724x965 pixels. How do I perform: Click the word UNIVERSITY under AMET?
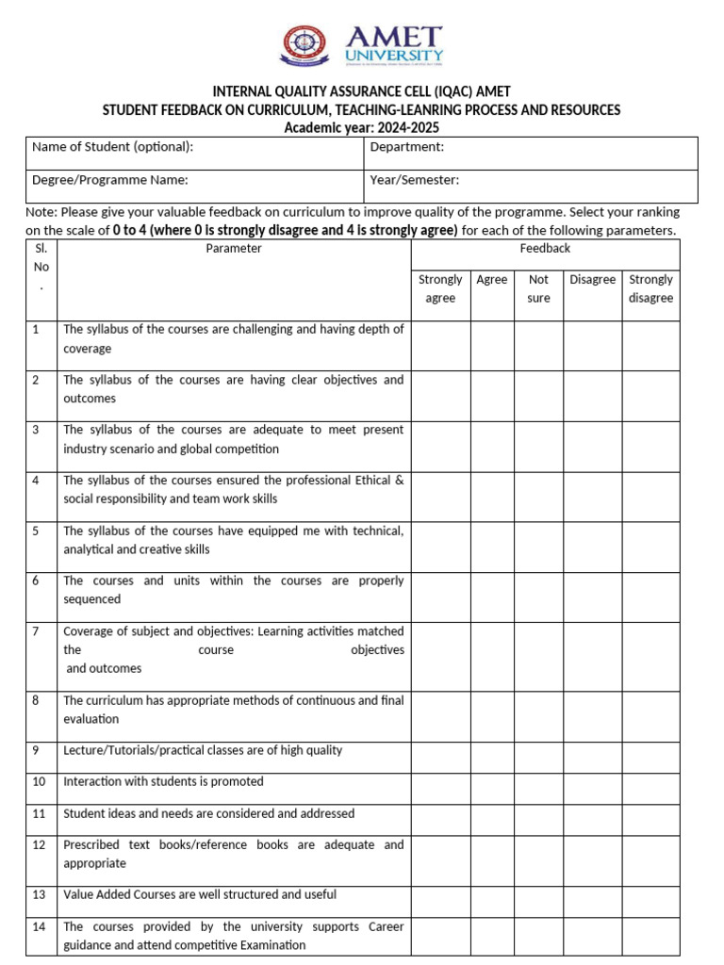coord(394,56)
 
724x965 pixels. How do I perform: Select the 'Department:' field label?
coord(407,147)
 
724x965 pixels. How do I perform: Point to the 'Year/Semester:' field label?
coord(415,180)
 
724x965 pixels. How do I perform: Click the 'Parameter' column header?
coord(234,249)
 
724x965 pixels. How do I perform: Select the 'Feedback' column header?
coord(545,249)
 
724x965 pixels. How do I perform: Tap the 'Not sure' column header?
coord(538,288)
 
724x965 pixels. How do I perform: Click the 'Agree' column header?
coord(492,280)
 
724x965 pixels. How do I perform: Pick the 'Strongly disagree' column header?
coord(650,288)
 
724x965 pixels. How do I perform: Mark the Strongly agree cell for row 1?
coord(440,345)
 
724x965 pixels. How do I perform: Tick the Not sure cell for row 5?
coord(538,547)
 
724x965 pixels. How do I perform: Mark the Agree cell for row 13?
coord(492,901)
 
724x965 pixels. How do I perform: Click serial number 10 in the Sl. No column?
coord(40,782)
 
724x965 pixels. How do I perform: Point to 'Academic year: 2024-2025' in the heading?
coord(362,128)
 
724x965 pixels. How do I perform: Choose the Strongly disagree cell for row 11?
coord(650,819)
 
